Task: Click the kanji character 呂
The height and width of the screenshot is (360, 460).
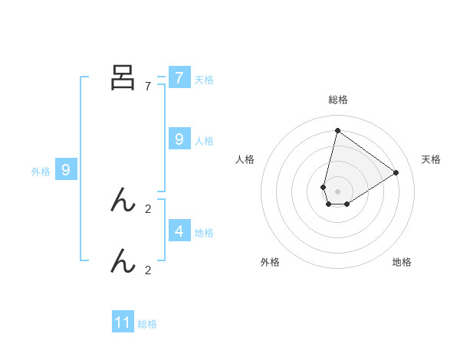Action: pos(123,77)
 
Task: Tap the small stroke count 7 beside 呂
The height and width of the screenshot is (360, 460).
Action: pos(147,86)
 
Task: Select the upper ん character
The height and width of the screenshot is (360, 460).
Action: pos(123,201)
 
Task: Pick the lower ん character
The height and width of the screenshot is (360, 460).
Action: pos(123,262)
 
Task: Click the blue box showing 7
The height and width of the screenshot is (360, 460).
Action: pos(179,78)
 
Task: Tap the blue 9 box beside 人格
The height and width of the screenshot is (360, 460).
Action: pos(179,139)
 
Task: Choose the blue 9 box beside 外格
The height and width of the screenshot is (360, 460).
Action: pos(66,170)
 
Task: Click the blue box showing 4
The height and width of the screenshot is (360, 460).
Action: pos(179,231)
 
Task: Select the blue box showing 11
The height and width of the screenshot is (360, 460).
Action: pos(123,322)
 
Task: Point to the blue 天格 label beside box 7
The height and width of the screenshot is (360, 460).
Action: pos(204,80)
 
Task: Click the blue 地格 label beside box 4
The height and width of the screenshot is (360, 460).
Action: pos(204,232)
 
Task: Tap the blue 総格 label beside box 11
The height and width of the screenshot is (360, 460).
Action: pos(147,324)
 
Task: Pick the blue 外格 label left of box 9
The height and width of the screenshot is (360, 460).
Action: pos(41,172)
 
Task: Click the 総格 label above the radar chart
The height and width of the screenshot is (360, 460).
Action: pos(337,100)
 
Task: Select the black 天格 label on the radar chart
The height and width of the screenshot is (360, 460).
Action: pos(431,159)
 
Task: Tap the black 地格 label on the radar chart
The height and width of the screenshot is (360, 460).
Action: pos(402,262)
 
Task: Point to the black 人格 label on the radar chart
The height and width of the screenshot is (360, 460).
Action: pos(245,159)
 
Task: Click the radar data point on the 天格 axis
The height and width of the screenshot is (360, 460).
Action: pos(396,172)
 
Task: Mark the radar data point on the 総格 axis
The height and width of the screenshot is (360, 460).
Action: pos(337,130)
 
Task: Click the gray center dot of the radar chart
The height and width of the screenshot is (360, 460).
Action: pos(337,191)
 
